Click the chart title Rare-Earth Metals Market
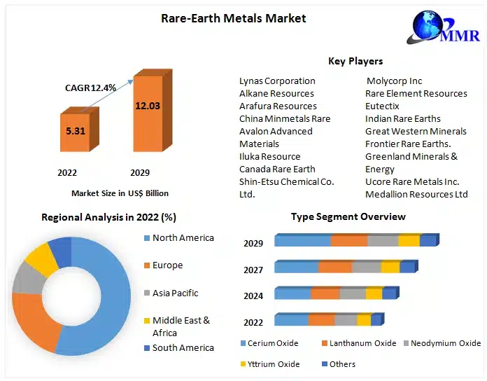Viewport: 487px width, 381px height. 234,18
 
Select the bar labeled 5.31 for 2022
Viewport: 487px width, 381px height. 75,131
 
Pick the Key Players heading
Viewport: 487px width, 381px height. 355,61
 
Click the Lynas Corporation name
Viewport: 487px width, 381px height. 277,81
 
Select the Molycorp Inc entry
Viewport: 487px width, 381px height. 395,81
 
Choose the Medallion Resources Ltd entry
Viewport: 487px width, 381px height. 416,194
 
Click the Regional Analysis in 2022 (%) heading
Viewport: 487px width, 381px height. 109,217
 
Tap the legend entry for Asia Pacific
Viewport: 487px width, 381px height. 175,293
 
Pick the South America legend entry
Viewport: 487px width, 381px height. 183,347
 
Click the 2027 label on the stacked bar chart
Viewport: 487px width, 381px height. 253,270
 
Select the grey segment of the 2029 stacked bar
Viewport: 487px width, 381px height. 383,241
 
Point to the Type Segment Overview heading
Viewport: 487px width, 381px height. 348,217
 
